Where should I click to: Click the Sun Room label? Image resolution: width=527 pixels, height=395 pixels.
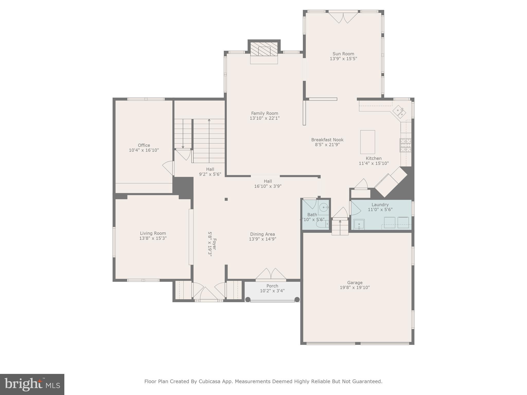click(x=343, y=54)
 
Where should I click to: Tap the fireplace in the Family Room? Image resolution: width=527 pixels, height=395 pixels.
click(x=264, y=51)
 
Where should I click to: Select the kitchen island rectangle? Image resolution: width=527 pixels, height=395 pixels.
click(x=367, y=142)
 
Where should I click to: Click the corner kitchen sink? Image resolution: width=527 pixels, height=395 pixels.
click(x=399, y=112)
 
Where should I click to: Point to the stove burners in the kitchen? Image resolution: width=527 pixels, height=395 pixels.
click(x=405, y=145)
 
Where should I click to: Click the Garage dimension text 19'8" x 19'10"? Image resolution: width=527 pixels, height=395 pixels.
click(x=355, y=288)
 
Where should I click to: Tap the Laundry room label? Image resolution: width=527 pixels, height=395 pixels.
click(x=380, y=205)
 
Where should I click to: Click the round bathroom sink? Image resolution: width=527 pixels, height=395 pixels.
click(x=324, y=207)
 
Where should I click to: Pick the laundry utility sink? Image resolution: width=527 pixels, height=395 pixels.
click(x=359, y=224)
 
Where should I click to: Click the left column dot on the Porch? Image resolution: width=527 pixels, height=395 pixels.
click(x=248, y=299)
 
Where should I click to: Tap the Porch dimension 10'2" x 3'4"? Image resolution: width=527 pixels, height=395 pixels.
click(x=272, y=291)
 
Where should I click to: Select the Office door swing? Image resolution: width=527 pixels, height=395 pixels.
click(x=168, y=168)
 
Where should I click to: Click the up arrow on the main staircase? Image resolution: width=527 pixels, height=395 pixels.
click(x=209, y=120)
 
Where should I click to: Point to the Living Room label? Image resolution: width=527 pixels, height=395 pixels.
click(x=153, y=233)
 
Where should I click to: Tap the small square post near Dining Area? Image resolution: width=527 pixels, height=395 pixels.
click(x=226, y=199)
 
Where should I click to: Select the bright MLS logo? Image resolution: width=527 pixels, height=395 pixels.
click(x=32, y=384)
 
